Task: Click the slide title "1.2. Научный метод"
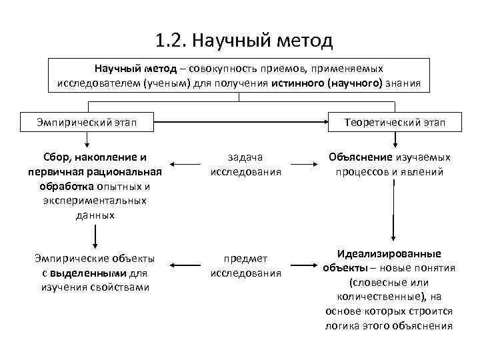[x=243, y=41]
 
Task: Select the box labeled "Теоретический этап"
[x=395, y=122]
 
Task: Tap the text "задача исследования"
[x=245, y=164]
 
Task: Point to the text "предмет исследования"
[x=245, y=265]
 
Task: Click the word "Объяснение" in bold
[x=361, y=157]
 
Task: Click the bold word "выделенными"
[x=95, y=273]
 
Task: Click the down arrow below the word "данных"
[x=95, y=235]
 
